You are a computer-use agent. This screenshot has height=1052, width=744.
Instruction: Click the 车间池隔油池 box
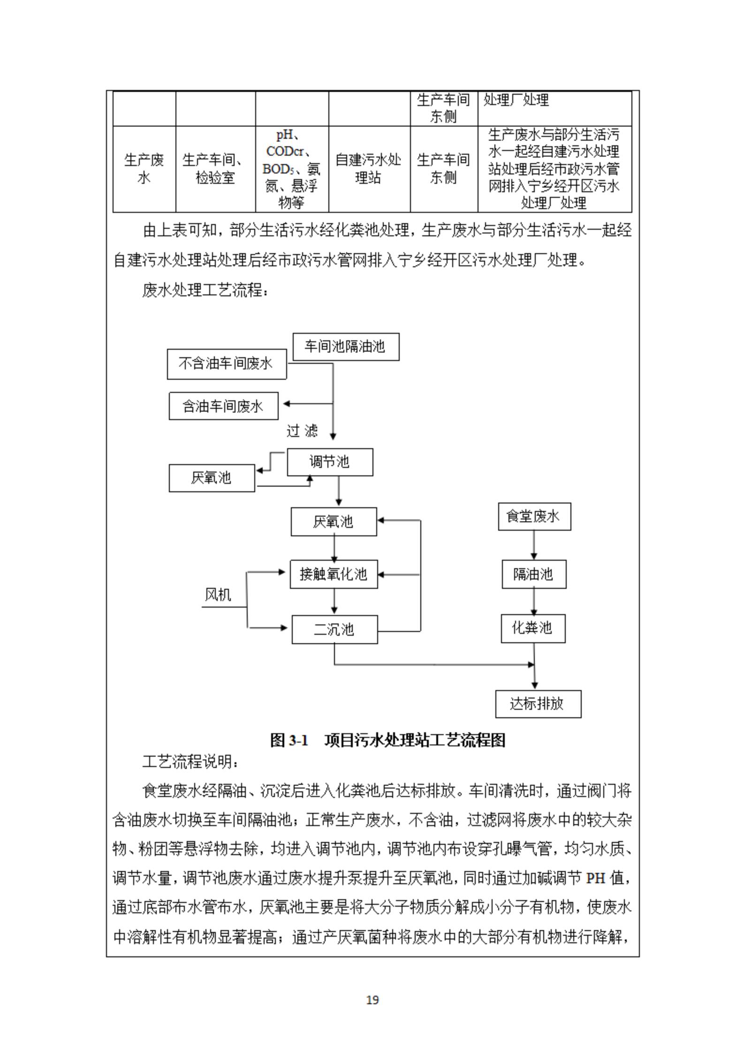[346, 347]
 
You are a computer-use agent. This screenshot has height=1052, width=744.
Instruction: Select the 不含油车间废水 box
[227, 364]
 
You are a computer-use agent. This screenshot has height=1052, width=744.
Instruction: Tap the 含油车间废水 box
[223, 406]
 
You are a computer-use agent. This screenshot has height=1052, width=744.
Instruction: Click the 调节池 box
[330, 462]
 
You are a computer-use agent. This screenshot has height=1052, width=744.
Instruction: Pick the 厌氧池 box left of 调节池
[212, 478]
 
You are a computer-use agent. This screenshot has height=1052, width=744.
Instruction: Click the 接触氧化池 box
[334, 574]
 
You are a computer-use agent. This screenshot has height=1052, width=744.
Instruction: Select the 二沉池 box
[334, 630]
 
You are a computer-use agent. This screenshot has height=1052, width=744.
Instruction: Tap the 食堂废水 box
[534, 517]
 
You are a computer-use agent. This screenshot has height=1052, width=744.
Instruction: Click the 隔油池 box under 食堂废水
[534, 574]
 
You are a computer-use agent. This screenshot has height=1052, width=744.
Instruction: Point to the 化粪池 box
[533, 628]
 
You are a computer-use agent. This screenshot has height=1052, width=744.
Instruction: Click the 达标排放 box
[538, 704]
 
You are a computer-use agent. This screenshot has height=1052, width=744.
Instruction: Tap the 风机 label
[218, 595]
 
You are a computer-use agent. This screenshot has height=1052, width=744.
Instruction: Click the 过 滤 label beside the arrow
[302, 431]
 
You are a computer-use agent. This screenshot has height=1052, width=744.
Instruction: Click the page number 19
[372, 1000]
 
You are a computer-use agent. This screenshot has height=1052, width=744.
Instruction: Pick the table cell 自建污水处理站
[369, 169]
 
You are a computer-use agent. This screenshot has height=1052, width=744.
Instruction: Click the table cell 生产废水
[144, 169]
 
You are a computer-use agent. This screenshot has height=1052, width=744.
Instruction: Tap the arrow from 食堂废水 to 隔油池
[533, 545]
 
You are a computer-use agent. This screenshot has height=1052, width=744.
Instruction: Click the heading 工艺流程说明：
[192, 762]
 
